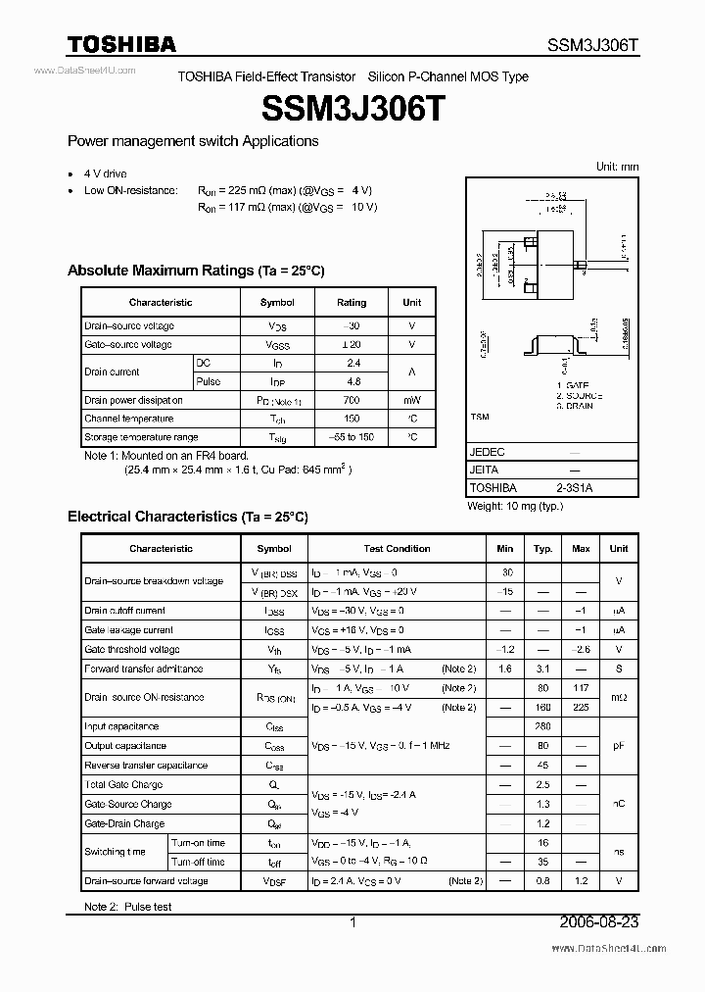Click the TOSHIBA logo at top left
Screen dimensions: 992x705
click(121, 44)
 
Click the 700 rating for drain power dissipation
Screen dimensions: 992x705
click(352, 400)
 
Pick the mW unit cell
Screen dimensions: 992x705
click(411, 400)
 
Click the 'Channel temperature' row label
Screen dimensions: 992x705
click(128, 419)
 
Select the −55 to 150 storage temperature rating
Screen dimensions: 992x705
click(352, 437)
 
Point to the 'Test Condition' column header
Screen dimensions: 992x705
click(397, 549)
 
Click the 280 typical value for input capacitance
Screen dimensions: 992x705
click(543, 726)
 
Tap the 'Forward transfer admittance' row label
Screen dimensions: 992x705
click(144, 669)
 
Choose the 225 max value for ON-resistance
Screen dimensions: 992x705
click(581, 707)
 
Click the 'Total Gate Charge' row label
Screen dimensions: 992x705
click(123, 784)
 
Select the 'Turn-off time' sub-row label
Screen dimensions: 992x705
click(198, 862)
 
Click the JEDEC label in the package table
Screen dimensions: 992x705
click(488, 452)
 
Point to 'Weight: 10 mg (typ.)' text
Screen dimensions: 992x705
click(515, 505)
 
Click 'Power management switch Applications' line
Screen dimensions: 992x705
click(193, 141)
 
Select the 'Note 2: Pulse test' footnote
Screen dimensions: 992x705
click(127, 907)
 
